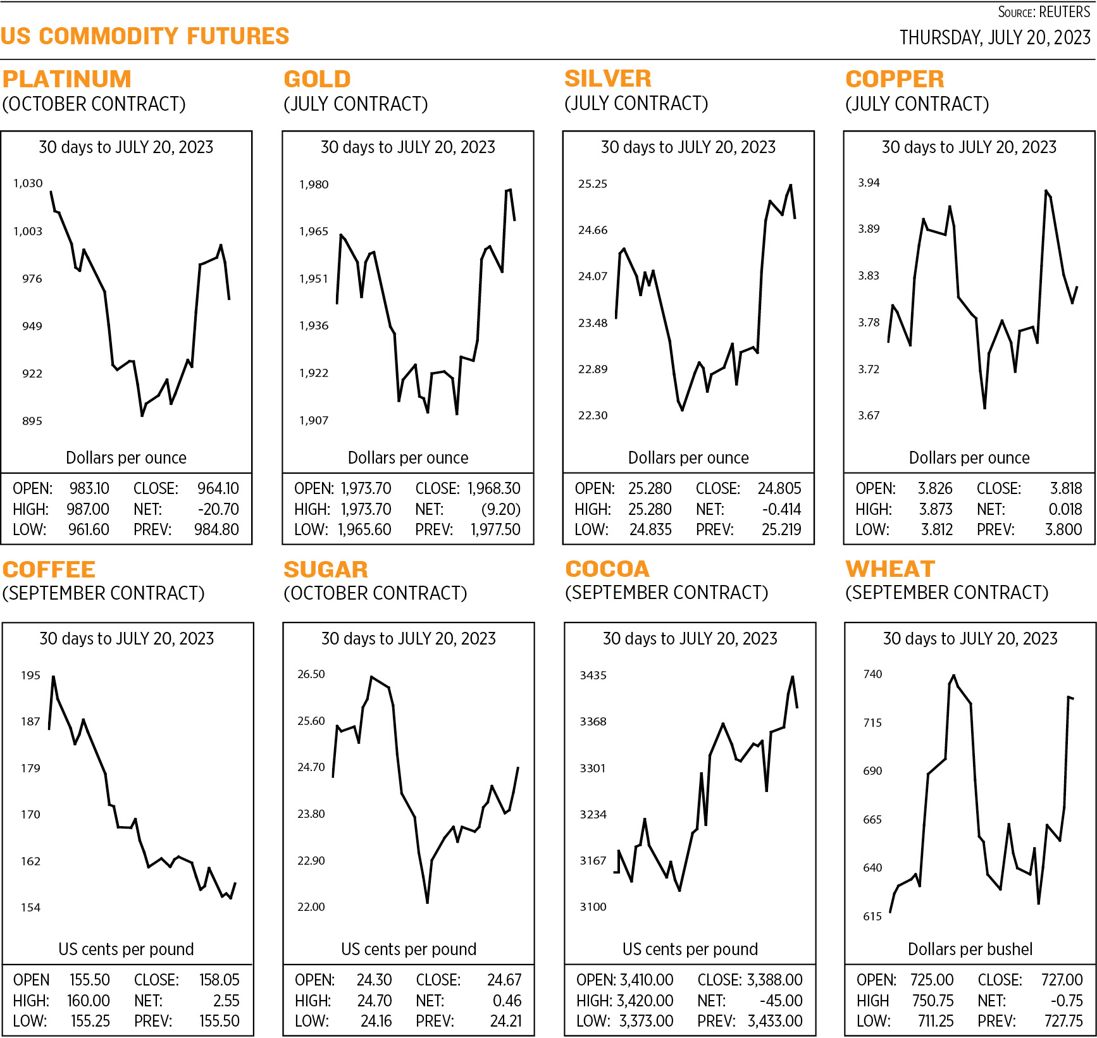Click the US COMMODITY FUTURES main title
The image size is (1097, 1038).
(145, 36)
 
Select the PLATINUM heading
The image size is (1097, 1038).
(67, 79)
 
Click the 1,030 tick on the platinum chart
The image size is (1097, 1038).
(28, 183)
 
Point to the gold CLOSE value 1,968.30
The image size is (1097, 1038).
(494, 488)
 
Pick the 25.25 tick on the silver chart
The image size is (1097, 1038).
(592, 184)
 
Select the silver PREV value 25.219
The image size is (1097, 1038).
(781, 529)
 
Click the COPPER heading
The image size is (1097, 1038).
(895, 79)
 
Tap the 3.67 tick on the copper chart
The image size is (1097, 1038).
(869, 416)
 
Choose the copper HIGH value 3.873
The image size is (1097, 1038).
(936, 509)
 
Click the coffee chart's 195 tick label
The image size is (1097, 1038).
(30, 676)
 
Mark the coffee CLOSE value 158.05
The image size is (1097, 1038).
(219, 980)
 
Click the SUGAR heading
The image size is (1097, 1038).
(326, 570)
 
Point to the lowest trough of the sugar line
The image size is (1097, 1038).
(428, 902)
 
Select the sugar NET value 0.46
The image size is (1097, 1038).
(507, 1001)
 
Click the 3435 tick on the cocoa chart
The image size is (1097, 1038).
(593, 676)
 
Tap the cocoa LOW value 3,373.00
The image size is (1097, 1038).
(646, 1021)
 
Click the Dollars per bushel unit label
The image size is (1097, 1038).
(970, 949)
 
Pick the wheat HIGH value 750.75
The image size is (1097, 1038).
(933, 1001)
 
